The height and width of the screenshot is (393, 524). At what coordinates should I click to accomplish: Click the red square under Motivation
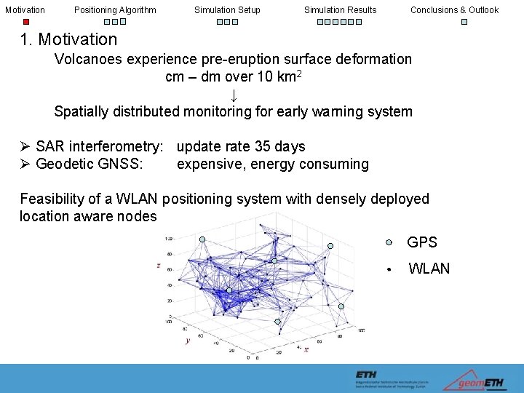pyautogui.click(x=25, y=22)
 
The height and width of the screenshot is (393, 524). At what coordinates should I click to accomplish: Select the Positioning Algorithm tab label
pyautogui.click(x=115, y=9)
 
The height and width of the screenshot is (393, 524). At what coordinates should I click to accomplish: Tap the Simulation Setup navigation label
pyautogui.click(x=227, y=9)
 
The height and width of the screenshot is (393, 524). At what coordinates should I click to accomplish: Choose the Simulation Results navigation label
pyautogui.click(x=340, y=9)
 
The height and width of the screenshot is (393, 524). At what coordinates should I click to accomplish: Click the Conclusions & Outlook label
pyautogui.click(x=454, y=9)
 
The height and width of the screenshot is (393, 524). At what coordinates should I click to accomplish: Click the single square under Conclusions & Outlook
pyautogui.click(x=464, y=22)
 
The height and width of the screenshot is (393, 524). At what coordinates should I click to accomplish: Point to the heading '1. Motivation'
pyautogui.click(x=68, y=39)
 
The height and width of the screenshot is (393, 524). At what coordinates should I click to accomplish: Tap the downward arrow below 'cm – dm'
pyautogui.click(x=233, y=95)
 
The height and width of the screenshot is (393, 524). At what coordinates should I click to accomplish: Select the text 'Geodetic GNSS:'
pyautogui.click(x=89, y=164)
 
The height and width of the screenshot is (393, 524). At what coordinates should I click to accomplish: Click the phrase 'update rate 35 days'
pyautogui.click(x=241, y=147)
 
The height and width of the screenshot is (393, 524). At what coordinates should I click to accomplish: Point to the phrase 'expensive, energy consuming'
pyautogui.click(x=273, y=164)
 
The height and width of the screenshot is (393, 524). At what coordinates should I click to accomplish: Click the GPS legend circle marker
pyautogui.click(x=389, y=242)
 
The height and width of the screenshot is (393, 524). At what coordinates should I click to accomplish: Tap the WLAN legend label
pyautogui.click(x=429, y=269)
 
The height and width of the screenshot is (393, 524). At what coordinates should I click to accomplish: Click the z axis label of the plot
pyautogui.click(x=158, y=266)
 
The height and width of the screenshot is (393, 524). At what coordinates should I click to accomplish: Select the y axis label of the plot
pyautogui.click(x=188, y=340)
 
